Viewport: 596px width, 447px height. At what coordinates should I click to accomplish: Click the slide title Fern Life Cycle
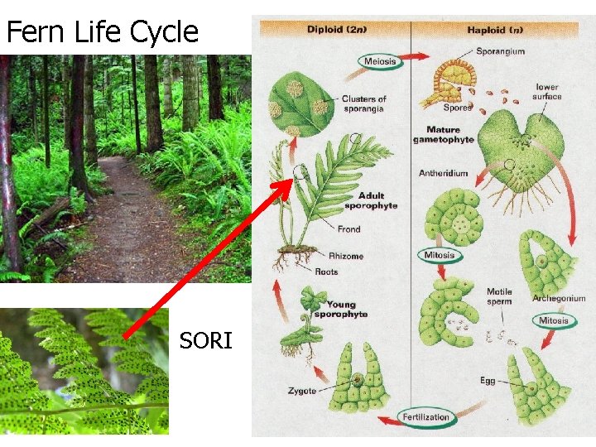point(103,31)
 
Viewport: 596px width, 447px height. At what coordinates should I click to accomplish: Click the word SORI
point(206,340)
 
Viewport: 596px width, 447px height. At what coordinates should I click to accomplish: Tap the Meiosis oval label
point(380,60)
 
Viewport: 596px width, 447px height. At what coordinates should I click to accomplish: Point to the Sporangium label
point(500,51)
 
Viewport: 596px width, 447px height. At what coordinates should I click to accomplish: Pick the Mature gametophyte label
point(444,135)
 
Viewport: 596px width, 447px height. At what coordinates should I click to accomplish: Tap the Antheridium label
point(444,174)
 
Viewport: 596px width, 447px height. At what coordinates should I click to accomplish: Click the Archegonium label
point(559,298)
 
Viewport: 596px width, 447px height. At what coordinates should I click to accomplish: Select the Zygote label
point(302,391)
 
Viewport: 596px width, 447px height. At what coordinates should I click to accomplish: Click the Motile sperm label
point(498,296)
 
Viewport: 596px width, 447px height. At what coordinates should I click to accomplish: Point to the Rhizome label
point(345,256)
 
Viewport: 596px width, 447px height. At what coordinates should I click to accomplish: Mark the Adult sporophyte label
point(371,201)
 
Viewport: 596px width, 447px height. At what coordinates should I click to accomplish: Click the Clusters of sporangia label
point(364,103)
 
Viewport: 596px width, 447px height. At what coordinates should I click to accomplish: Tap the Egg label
point(488,381)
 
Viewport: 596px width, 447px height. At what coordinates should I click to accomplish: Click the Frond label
point(348,229)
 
